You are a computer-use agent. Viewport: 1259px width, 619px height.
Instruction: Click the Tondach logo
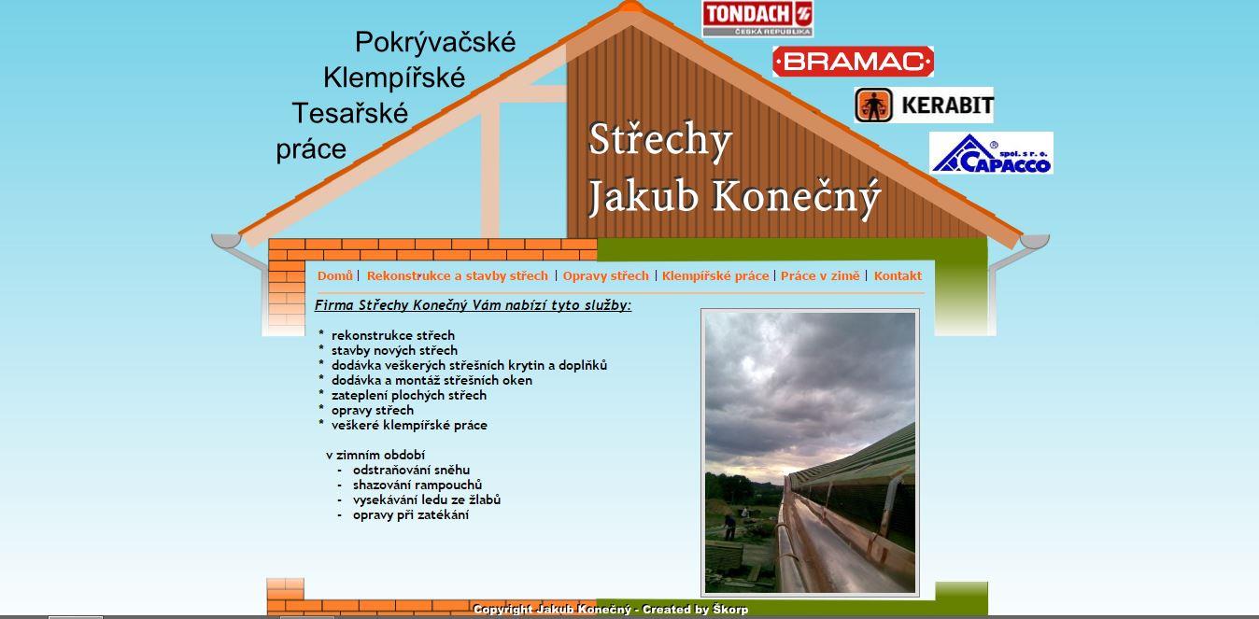click(757, 19)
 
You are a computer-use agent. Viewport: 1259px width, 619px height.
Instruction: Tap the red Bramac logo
click(853, 62)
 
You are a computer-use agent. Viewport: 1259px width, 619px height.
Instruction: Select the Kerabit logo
click(924, 105)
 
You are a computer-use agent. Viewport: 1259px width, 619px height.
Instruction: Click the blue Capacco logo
click(991, 153)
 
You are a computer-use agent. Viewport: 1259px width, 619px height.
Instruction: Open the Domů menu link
click(335, 275)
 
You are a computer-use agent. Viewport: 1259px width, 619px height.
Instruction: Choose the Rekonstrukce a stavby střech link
click(457, 275)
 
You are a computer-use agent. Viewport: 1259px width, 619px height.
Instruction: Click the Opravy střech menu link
click(605, 275)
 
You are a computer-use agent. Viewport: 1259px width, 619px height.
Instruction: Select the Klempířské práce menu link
click(714, 275)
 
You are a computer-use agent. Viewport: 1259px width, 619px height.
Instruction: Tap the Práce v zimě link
click(819, 275)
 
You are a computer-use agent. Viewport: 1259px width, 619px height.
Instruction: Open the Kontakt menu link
click(898, 275)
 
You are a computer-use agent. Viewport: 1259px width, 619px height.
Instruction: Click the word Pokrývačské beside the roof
click(435, 43)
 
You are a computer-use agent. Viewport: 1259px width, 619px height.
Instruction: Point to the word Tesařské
click(349, 114)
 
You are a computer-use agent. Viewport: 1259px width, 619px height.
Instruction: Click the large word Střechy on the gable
click(659, 141)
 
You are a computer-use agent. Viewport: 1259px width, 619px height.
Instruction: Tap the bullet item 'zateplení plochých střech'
click(408, 396)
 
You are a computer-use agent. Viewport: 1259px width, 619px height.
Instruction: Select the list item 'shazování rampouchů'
click(417, 485)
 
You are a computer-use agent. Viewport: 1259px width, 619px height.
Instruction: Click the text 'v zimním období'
click(375, 455)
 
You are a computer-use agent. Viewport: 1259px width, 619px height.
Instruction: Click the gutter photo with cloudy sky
click(810, 453)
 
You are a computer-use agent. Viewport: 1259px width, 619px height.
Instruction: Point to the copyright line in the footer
click(611, 610)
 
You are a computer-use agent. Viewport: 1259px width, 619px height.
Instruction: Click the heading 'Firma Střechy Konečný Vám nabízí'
click(473, 305)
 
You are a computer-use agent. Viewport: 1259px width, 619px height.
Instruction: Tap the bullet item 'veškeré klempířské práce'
click(409, 425)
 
